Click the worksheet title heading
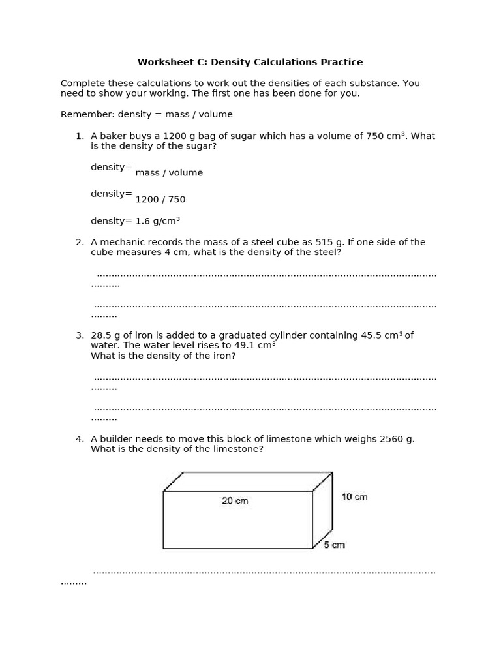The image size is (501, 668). [250, 63]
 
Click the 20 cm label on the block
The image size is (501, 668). [235, 501]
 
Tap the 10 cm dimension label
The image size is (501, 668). [354, 497]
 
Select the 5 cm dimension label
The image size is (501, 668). [334, 545]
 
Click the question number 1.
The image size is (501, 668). [79, 136]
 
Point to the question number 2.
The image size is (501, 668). [79, 243]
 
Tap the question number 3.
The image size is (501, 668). [79, 336]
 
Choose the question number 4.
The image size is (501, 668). [79, 439]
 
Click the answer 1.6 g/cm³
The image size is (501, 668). [157, 221]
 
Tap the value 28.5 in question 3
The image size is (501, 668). [102, 336]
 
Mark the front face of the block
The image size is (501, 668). [237, 525]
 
